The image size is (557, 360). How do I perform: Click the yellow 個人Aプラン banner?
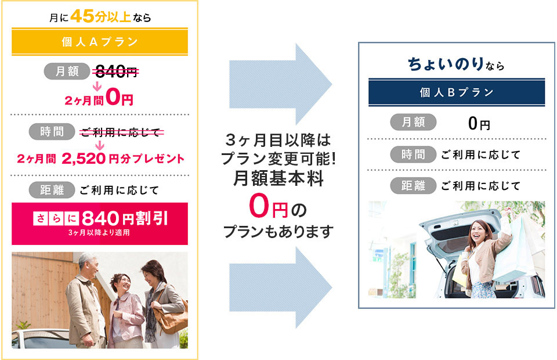pos(100,42)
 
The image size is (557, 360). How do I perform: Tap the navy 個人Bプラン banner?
pos(457,92)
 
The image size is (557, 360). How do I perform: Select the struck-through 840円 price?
pos(116,72)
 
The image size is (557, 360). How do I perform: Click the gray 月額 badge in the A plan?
pos(66,71)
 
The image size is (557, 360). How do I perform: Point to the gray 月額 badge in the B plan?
pos(413,123)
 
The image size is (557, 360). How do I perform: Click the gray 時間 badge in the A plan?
pos(52,131)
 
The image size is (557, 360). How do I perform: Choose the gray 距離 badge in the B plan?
pos(413,185)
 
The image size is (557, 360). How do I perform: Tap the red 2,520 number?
pos(84,159)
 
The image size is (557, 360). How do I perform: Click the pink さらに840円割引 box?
pos(100,224)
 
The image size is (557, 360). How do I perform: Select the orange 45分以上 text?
pos(101,16)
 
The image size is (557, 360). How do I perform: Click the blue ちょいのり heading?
pos(446,64)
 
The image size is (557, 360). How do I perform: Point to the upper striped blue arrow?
pos(281,84)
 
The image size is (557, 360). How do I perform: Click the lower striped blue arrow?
pos(281,287)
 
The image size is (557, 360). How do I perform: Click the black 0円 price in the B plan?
pos(479,124)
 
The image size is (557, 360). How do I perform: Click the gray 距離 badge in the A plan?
pos(52,190)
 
